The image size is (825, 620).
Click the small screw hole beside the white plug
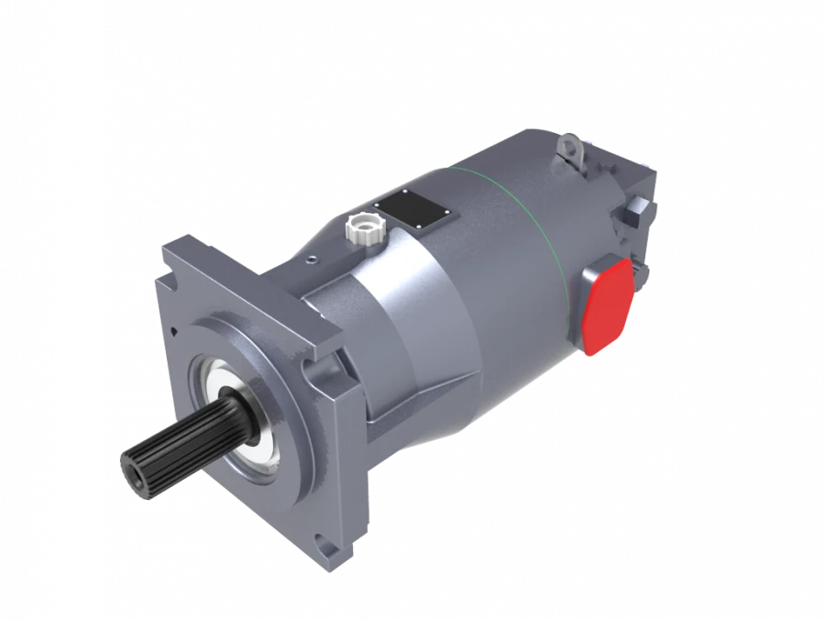click(x=314, y=260)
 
